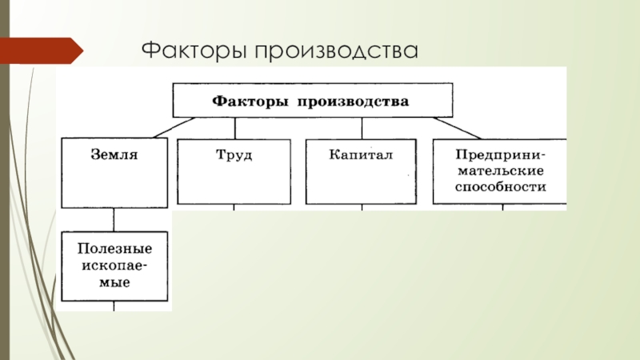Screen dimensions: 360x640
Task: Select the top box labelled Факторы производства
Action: tap(310, 102)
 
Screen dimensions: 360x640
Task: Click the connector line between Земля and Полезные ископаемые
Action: tap(115, 218)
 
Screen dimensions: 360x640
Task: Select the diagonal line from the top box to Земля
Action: tap(172, 127)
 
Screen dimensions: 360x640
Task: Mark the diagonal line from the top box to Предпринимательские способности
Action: tap(456, 127)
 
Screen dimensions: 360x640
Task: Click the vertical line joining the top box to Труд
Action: tap(234, 128)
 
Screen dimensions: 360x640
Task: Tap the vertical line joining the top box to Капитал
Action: tap(362, 128)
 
